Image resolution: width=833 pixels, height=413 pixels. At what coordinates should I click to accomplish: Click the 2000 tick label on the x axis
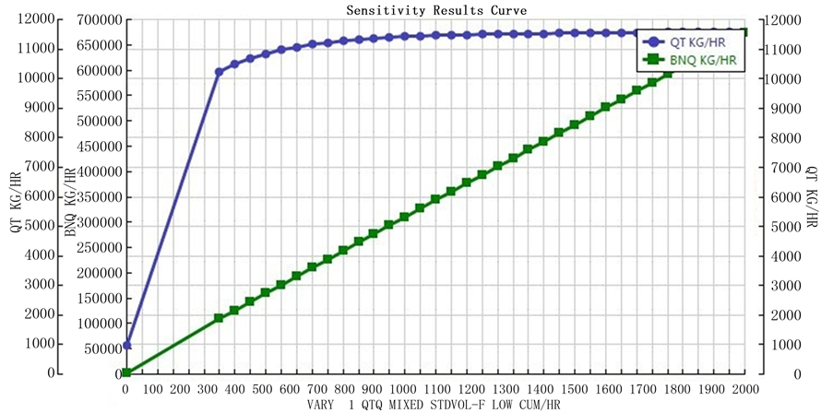[x=744, y=389]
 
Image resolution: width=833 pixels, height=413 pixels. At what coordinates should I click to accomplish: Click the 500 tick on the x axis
[x=262, y=389]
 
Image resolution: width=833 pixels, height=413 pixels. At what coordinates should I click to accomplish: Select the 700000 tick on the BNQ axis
[x=95, y=20]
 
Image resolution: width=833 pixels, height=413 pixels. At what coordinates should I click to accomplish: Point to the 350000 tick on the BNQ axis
[x=95, y=197]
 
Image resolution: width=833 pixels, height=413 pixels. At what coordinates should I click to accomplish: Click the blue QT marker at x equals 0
[x=127, y=345]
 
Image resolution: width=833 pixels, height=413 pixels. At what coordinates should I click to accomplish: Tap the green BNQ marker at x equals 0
[x=127, y=373]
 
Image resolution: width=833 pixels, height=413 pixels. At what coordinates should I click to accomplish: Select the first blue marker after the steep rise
[x=220, y=71]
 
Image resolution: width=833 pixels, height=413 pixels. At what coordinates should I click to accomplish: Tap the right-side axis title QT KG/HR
[x=812, y=197]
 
